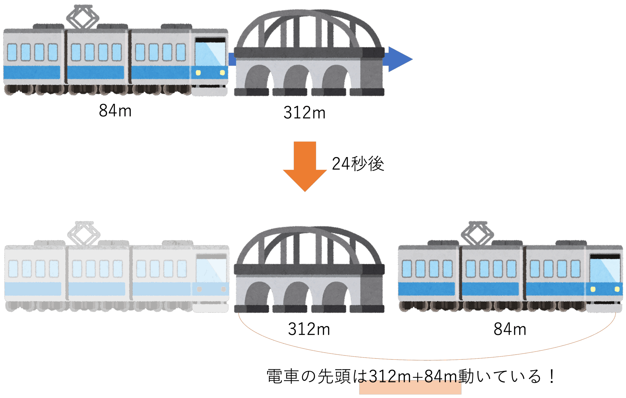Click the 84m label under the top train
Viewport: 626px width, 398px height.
115,110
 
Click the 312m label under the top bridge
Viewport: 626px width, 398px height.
304,113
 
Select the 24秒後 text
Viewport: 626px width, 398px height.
358,164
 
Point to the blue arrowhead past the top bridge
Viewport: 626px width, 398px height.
399,59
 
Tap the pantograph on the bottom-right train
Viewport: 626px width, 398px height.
478,233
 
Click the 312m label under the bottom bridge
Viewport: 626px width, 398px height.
309,329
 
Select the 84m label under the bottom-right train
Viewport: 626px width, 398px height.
510,329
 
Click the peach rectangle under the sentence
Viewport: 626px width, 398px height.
410,388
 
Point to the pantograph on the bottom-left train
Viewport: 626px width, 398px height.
84,233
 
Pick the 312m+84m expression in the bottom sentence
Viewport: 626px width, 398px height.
413,376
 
